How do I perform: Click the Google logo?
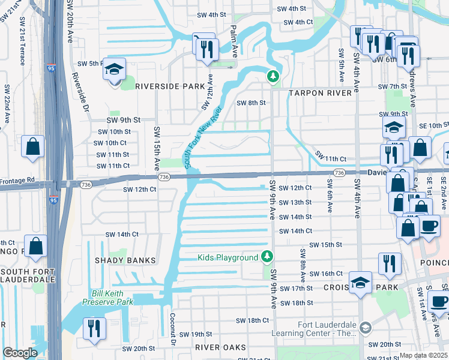point(20,353)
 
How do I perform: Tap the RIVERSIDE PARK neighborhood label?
point(170,86)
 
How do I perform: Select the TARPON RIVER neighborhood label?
point(319,93)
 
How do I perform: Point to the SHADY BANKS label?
point(125,260)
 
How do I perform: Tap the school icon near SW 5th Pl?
point(113,70)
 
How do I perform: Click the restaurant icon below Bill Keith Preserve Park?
point(94,328)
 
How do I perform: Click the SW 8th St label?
point(250,103)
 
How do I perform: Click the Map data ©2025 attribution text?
point(423,355)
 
